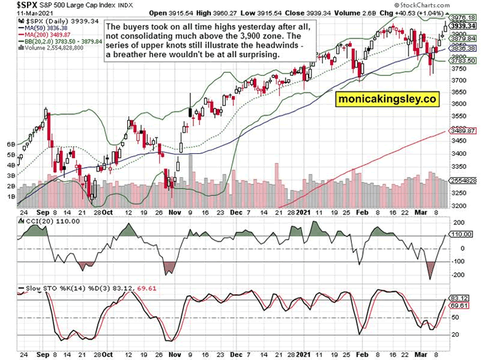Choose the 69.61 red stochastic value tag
459,306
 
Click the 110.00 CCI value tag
460,234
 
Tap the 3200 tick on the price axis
460,206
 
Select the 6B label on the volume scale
10,145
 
